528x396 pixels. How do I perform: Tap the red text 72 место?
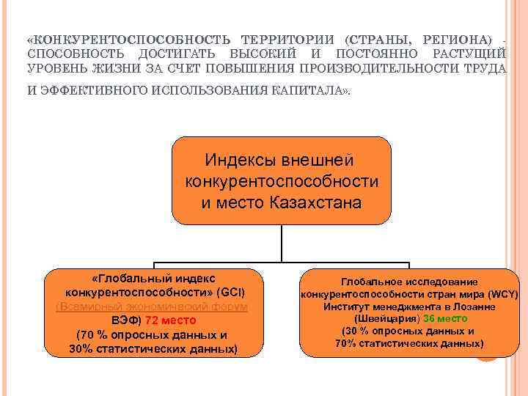170,320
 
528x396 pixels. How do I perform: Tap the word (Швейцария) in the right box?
387,319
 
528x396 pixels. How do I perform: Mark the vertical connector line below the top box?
282,242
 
